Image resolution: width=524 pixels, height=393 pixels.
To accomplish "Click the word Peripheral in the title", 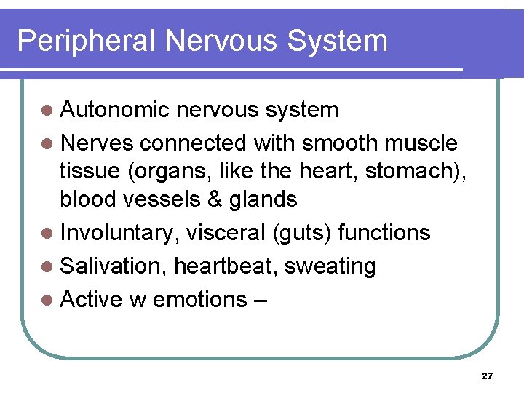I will (87, 41).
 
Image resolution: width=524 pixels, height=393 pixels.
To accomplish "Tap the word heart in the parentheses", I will (326, 171).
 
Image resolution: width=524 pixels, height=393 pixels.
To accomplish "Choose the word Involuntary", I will (119, 233).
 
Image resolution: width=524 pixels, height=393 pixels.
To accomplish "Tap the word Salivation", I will (113, 266).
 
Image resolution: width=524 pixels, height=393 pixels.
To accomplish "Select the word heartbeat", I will (226, 266).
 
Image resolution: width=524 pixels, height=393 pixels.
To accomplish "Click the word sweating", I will (330, 267).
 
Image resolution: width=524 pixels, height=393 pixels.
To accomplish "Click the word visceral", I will (226, 233).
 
